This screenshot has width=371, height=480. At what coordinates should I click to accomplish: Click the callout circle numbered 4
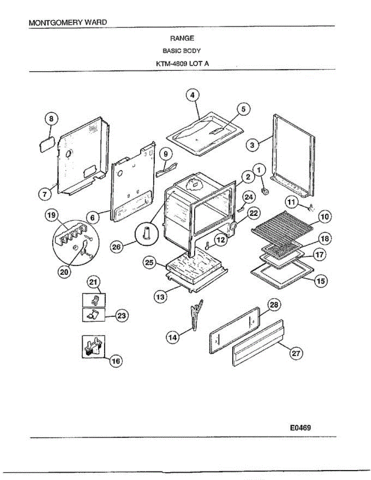[x=193, y=95]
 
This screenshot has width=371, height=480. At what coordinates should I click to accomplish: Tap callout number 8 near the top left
[x=50, y=118]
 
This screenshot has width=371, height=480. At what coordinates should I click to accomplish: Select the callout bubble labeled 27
[x=297, y=353]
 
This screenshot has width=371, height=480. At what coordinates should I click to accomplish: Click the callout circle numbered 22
[x=253, y=213]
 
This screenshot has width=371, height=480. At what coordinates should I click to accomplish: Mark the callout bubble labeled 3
[x=252, y=145]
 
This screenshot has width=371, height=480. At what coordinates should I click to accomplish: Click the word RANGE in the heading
[x=182, y=38]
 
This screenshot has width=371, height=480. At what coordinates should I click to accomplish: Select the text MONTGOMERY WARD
[x=68, y=22]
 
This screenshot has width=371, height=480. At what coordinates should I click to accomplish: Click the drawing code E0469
[x=301, y=427]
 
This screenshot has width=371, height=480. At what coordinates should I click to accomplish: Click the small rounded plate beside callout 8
[x=46, y=144]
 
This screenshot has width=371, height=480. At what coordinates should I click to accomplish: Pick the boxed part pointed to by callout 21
[x=94, y=300]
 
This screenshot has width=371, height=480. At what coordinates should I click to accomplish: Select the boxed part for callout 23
[x=94, y=315]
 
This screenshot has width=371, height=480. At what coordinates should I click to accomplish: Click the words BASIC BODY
[x=181, y=51]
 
